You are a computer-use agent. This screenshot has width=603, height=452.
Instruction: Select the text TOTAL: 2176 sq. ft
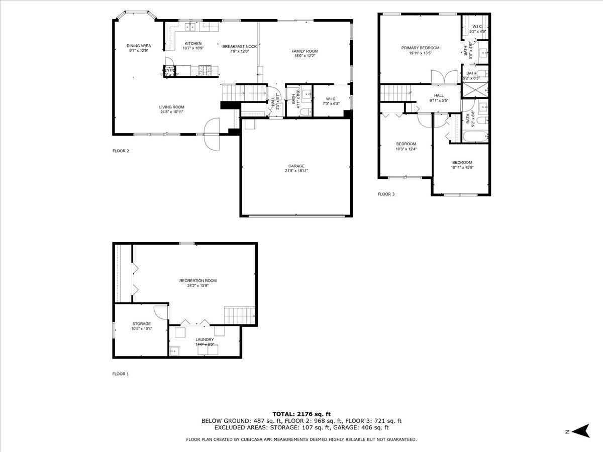click(x=301, y=413)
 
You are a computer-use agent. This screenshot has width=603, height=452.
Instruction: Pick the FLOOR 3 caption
click(x=386, y=193)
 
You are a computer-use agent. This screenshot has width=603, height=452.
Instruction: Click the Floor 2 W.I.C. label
click(x=330, y=101)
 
